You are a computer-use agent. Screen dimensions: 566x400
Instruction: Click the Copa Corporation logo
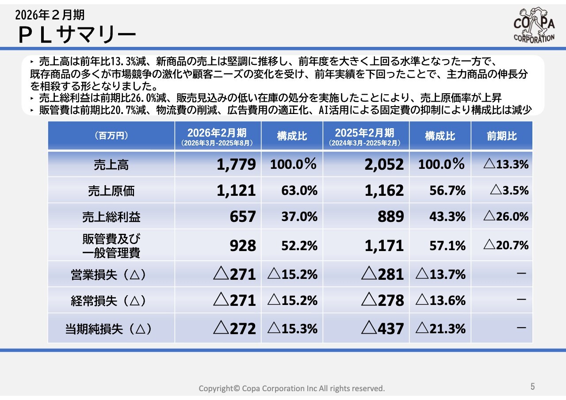point(534,25)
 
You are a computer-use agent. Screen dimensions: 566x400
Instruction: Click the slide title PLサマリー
point(77,35)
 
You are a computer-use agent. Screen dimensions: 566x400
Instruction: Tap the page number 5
point(533,386)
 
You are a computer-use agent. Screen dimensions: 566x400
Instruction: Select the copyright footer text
point(291,388)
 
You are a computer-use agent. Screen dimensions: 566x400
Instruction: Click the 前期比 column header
point(502,136)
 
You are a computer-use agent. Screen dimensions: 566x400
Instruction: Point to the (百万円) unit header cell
point(111,136)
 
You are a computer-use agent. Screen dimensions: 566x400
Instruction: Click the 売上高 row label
point(111,165)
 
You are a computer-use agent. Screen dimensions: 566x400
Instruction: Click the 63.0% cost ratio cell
point(299,190)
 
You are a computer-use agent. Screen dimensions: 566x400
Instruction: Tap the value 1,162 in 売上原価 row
point(384,190)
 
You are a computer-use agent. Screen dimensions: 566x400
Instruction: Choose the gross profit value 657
point(243,217)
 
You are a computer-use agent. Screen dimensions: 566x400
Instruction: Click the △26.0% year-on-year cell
point(506,217)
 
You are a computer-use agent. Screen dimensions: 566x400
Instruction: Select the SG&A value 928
point(243,246)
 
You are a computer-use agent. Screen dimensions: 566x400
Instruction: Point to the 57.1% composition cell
point(447,246)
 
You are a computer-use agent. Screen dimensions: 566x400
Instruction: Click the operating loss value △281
point(382,274)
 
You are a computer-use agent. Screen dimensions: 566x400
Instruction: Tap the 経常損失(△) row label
point(109,301)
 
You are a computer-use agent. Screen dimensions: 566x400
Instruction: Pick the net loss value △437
point(382,328)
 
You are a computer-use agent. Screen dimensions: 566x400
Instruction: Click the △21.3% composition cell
point(440,329)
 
